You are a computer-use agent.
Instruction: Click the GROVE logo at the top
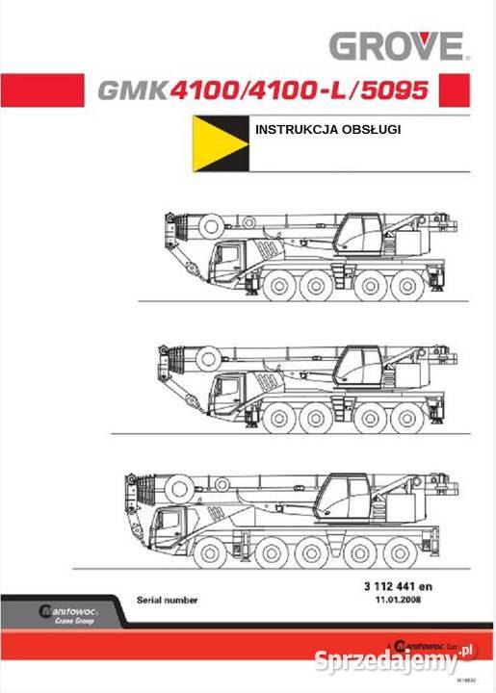click(x=396, y=45)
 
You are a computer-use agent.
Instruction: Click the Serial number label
click(x=168, y=600)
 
